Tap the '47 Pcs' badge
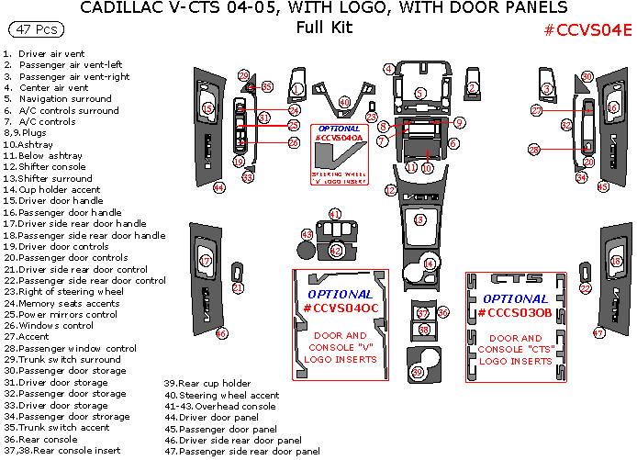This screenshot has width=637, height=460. [34, 30]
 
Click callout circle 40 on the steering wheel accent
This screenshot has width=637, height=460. [344, 101]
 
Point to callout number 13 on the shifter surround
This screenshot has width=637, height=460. [420, 219]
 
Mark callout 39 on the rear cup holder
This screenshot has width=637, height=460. [418, 372]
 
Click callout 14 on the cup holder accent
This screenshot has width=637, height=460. [430, 264]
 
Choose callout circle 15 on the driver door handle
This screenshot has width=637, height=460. [207, 109]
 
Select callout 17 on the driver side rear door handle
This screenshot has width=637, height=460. [206, 261]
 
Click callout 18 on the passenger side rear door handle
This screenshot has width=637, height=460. [616, 261]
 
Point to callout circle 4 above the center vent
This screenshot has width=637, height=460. [389, 69]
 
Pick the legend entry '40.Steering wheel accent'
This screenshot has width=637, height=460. [221, 395]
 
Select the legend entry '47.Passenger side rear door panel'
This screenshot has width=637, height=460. [241, 452]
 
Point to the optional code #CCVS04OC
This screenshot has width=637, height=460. [339, 308]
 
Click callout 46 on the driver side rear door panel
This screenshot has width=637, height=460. [221, 333]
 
